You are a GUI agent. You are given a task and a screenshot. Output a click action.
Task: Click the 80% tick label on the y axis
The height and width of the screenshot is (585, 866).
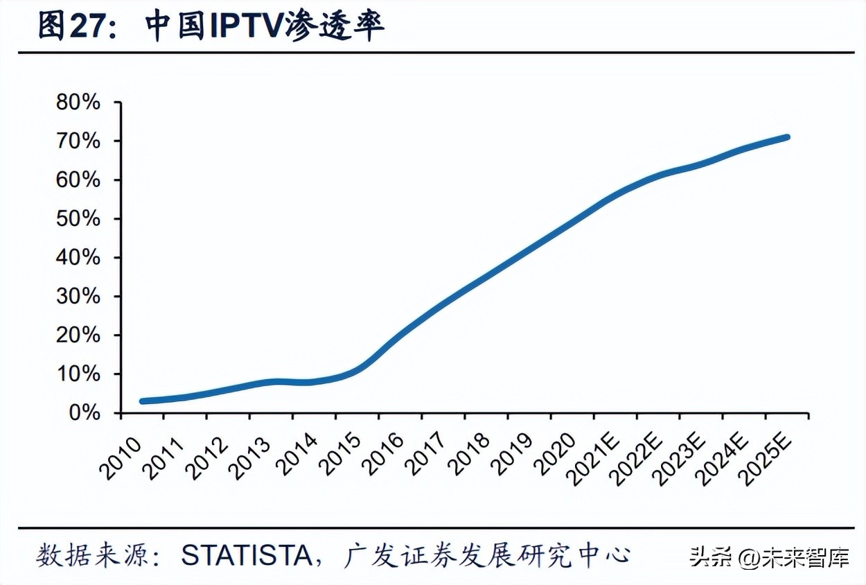point(78,103)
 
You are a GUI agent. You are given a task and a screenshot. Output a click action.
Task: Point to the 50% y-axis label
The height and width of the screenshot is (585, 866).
point(78,219)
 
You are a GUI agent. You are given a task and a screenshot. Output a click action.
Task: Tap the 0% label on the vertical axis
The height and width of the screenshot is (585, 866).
point(85,413)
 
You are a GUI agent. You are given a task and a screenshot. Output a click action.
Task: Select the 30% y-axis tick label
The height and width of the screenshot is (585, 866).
point(78,297)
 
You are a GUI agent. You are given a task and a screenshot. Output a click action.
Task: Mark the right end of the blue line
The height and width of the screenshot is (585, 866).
point(786,137)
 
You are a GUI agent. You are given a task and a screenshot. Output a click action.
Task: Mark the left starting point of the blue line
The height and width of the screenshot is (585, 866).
point(142,401)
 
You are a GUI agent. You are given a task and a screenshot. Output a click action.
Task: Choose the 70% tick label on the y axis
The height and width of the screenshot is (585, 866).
point(78,141)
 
